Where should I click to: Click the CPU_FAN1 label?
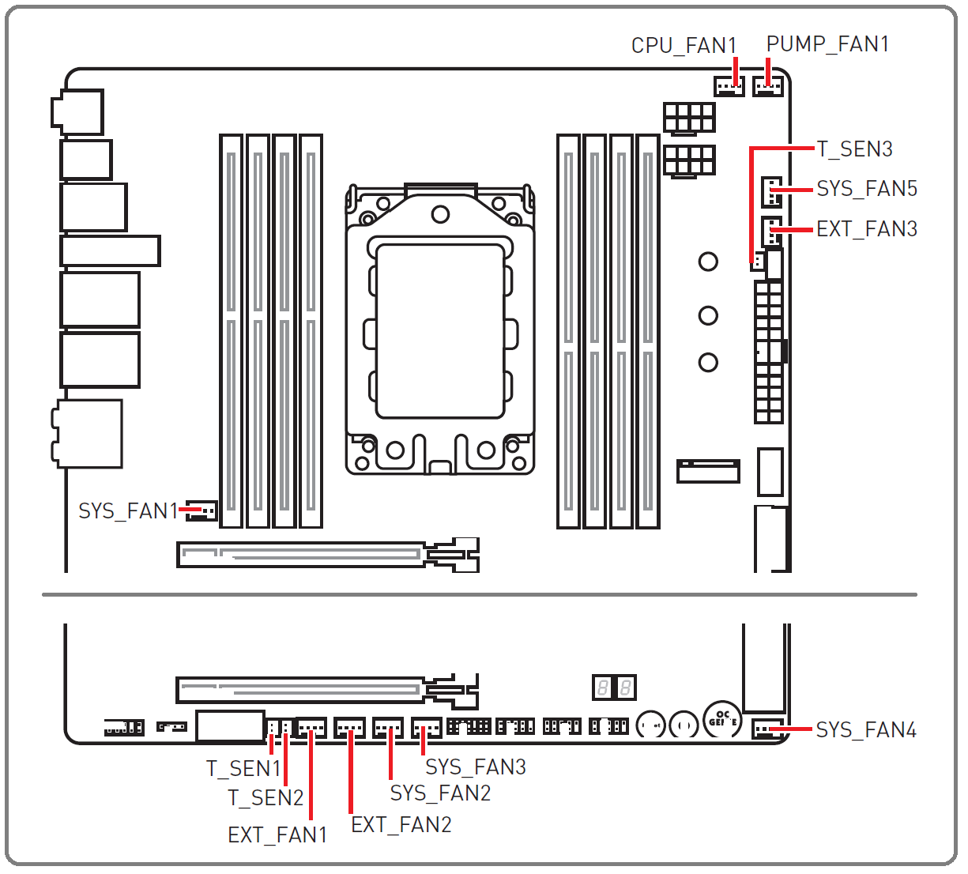pyautogui.click(x=684, y=46)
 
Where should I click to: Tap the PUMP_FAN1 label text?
pyautogui.click(x=827, y=44)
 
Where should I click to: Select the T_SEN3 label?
pyautogui.click(x=854, y=149)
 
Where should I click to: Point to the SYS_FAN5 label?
pyautogui.click(x=867, y=189)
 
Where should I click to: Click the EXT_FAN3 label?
pyautogui.click(x=867, y=228)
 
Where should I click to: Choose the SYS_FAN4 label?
pyautogui.click(x=866, y=729)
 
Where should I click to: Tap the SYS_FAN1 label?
pyautogui.click(x=128, y=510)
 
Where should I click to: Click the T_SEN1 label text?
pyautogui.click(x=243, y=768)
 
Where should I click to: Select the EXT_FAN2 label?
pyautogui.click(x=401, y=824)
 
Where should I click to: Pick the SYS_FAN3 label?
pyautogui.click(x=476, y=767)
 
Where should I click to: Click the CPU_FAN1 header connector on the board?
pyautogui.click(x=729, y=86)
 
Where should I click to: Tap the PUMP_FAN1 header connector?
pyautogui.click(x=767, y=86)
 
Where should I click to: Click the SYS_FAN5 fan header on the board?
pyautogui.click(x=771, y=191)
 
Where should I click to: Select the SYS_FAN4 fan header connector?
pyautogui.click(x=767, y=728)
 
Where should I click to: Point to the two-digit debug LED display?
pyautogui.click(x=614, y=687)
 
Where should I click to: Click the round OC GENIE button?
pyautogui.click(x=722, y=719)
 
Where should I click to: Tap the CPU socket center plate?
pyautogui.click(x=440, y=331)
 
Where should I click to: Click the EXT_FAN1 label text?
pyautogui.click(x=277, y=834)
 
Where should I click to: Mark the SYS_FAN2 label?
pyautogui.click(x=440, y=793)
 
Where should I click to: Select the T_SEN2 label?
pyautogui.click(x=266, y=797)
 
